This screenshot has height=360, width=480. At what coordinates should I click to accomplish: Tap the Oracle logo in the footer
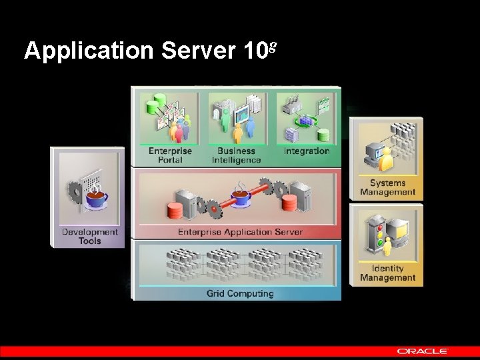tap(423, 351)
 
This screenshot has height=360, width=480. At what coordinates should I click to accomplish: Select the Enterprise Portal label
tap(170, 155)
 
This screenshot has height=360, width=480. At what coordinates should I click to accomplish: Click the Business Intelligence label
tap(236, 155)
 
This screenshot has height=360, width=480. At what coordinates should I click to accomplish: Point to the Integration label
tap(306, 151)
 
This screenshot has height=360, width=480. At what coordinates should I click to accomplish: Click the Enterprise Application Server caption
tap(240, 232)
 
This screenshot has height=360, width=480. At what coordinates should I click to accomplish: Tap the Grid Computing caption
tap(240, 293)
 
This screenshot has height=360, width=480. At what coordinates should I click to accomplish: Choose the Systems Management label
tap(387, 187)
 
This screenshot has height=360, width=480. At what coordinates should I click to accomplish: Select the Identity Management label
tap(387, 273)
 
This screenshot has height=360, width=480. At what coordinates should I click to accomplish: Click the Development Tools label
tap(89, 236)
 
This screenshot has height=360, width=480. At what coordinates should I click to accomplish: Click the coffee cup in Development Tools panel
tap(97, 199)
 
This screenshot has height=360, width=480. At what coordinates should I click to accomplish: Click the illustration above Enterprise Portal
tap(169, 119)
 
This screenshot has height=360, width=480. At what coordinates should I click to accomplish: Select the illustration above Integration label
tap(306, 118)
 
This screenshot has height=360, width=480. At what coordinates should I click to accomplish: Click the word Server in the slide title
tap(196, 51)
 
